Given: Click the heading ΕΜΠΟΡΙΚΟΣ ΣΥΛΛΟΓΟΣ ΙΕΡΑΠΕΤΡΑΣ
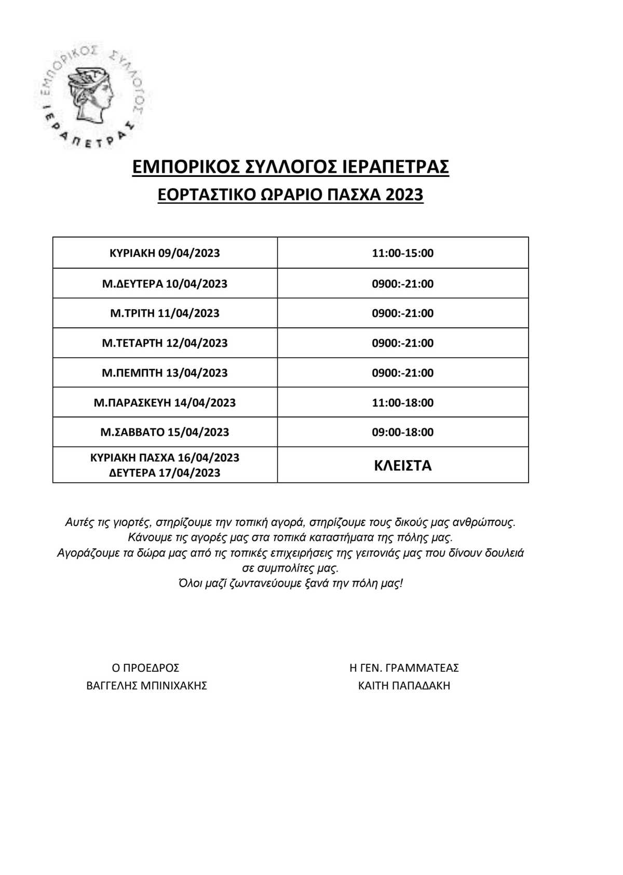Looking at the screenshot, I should click(x=291, y=167).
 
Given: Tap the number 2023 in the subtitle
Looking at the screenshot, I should click(x=404, y=195).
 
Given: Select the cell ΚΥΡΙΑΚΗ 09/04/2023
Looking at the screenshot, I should click(x=165, y=253).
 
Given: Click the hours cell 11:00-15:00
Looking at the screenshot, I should click(x=402, y=253).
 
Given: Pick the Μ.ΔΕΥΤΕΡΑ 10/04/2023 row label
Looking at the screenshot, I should click(x=165, y=284).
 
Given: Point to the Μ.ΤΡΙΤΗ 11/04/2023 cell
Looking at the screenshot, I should click(x=165, y=313).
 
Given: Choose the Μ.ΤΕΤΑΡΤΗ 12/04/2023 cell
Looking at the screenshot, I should click(x=165, y=343).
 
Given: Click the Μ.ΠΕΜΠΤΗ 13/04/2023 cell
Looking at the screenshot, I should click(x=165, y=373).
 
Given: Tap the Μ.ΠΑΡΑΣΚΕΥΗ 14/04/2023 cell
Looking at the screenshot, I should click(x=165, y=402).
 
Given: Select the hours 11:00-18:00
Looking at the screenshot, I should click(x=402, y=402).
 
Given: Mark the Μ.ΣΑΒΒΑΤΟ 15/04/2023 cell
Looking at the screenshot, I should click(x=165, y=432).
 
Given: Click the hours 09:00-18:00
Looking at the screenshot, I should click(x=402, y=432).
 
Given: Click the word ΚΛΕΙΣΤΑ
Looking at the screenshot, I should click(x=402, y=465).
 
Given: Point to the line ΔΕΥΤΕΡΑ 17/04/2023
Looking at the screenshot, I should click(x=165, y=473).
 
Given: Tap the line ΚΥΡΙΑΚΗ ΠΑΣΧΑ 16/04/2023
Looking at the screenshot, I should click(x=165, y=457).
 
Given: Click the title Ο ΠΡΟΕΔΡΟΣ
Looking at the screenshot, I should click(x=145, y=668).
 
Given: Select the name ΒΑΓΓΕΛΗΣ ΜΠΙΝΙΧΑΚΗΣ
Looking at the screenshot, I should click(x=146, y=686).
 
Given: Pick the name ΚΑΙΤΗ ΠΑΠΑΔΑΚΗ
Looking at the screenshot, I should click(x=404, y=686).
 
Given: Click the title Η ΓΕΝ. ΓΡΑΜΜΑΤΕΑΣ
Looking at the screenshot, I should click(x=404, y=668).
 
